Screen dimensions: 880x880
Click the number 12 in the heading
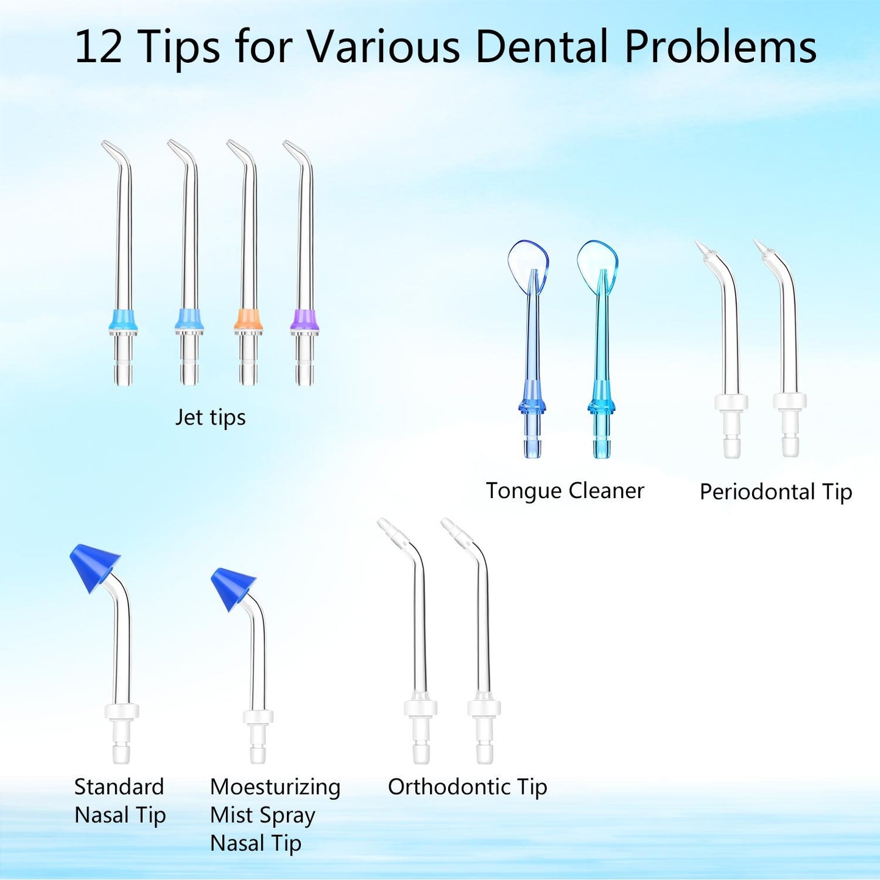97,48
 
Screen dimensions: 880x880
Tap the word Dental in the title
543,48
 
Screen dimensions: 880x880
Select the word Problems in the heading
720,48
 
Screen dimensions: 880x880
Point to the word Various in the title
382,48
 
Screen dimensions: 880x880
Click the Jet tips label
210,418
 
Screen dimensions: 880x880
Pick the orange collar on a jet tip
248,320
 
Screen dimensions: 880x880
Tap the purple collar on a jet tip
304,320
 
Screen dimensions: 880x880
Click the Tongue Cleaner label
565,491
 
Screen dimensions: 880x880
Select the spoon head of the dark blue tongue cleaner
528,264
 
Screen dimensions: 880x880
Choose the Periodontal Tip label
775,492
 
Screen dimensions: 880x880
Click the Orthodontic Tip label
467,787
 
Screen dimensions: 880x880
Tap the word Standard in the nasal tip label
119,787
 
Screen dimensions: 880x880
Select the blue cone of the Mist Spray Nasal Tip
233,586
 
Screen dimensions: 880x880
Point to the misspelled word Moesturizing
275,787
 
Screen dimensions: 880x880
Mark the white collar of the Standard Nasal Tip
122,711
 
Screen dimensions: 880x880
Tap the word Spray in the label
286,816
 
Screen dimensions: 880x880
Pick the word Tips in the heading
179,48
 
